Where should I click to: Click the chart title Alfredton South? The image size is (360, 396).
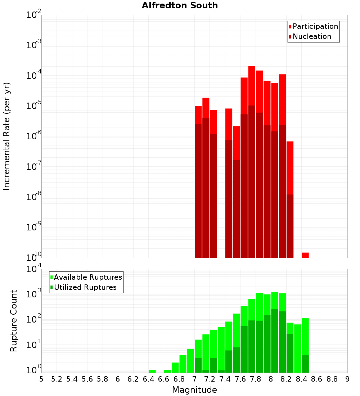coord(180,5)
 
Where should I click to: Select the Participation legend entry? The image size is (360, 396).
coord(315,26)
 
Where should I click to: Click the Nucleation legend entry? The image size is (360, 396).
coord(312,36)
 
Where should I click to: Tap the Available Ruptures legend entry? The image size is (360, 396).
coord(88,277)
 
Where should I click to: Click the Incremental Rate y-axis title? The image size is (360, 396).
coord(7,136)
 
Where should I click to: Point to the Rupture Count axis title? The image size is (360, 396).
coord(14,321)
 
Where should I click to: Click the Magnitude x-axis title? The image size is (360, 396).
coord(194,390)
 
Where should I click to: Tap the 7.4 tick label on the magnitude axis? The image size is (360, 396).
coord(225,379)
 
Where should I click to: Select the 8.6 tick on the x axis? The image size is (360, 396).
coord(317,379)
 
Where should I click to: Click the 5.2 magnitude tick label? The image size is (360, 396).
coord(57,379)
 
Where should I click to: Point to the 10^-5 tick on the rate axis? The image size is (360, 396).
coord(34,106)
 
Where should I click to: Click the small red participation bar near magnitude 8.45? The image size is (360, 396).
coord(305,255)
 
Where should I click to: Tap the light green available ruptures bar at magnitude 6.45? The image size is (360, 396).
coord(152,371)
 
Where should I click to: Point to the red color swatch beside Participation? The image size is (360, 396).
coord(290,27)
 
